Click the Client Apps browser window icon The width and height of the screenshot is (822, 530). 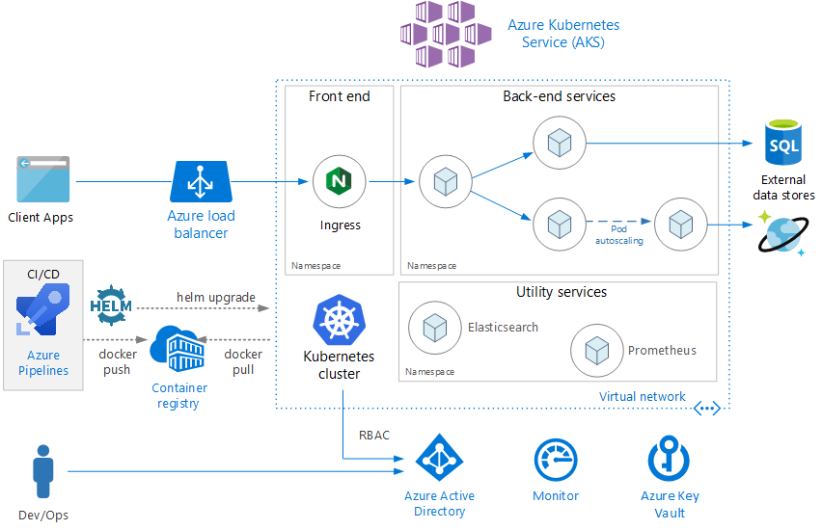[x=43, y=179]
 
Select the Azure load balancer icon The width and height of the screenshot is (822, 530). [x=201, y=181]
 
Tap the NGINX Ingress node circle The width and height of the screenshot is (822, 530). [x=340, y=181]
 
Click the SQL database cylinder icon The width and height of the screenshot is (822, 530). [x=783, y=142]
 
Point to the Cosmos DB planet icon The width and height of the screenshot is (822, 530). [x=783, y=233]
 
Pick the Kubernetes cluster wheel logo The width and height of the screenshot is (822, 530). [x=340, y=320]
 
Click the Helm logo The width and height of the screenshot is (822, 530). [x=111, y=305]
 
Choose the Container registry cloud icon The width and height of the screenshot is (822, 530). [x=178, y=349]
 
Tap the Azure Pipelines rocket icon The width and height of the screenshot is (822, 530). [x=43, y=309]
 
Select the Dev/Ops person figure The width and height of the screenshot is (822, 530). [x=43, y=471]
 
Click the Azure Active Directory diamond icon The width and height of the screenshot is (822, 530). [x=439, y=458]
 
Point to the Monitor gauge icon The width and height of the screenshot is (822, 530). [x=556, y=460]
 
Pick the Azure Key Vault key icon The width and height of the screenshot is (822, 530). [x=670, y=459]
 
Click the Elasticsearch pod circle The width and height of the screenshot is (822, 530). [x=435, y=328]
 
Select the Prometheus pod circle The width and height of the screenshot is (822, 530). [x=597, y=351]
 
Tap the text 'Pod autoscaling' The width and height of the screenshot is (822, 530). [x=619, y=234]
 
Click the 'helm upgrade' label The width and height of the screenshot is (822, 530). [x=216, y=298]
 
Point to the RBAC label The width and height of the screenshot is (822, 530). [x=374, y=436]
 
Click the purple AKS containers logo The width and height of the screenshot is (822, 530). [x=446, y=34]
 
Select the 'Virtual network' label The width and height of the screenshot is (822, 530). [x=643, y=396]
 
